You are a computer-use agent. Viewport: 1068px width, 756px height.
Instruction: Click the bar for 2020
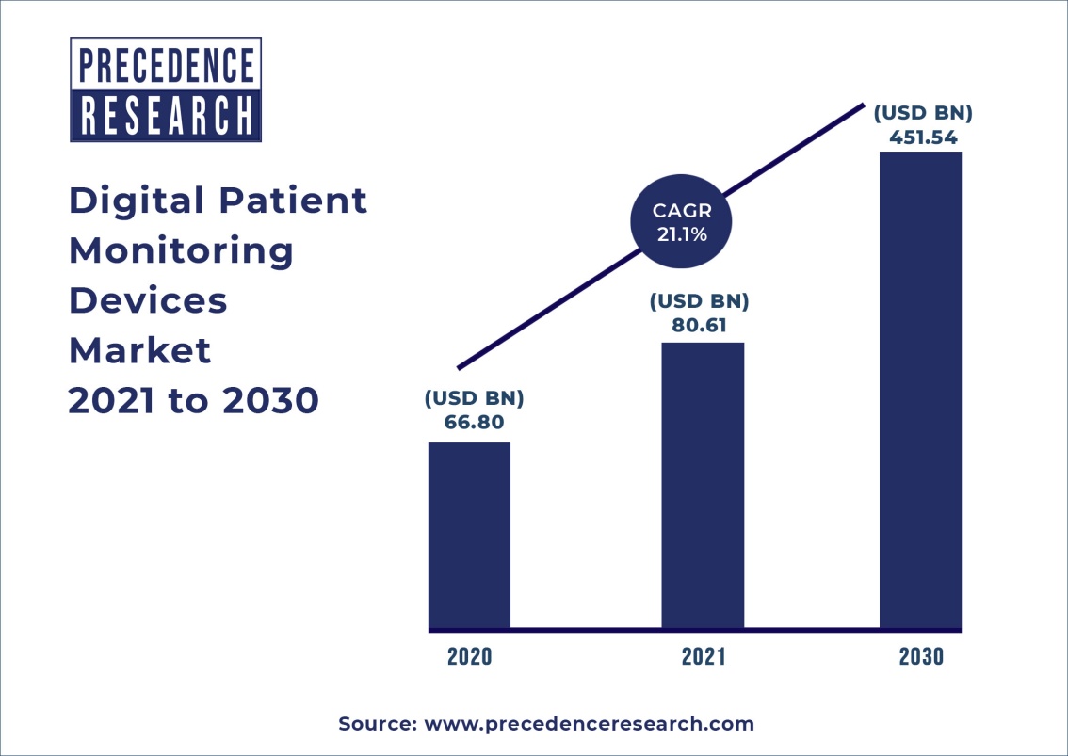click(x=469, y=535)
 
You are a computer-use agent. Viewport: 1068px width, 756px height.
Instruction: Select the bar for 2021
click(x=703, y=485)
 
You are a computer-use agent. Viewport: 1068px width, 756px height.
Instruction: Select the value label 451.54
click(x=923, y=137)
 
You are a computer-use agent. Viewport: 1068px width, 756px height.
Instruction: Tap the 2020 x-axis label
click(x=469, y=656)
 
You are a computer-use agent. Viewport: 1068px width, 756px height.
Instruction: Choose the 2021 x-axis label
click(x=703, y=656)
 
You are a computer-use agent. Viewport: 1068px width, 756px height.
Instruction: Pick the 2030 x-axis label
click(x=920, y=656)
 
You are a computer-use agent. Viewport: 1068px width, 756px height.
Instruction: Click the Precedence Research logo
click(x=166, y=90)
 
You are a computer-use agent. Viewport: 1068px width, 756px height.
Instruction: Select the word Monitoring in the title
click(x=181, y=250)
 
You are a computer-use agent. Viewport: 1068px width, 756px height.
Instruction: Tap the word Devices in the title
click(x=148, y=300)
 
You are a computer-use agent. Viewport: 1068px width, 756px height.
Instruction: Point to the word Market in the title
click(x=139, y=350)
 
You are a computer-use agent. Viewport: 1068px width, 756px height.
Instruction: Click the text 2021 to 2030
click(x=193, y=400)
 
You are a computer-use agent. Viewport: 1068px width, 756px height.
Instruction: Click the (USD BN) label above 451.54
click(x=923, y=113)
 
